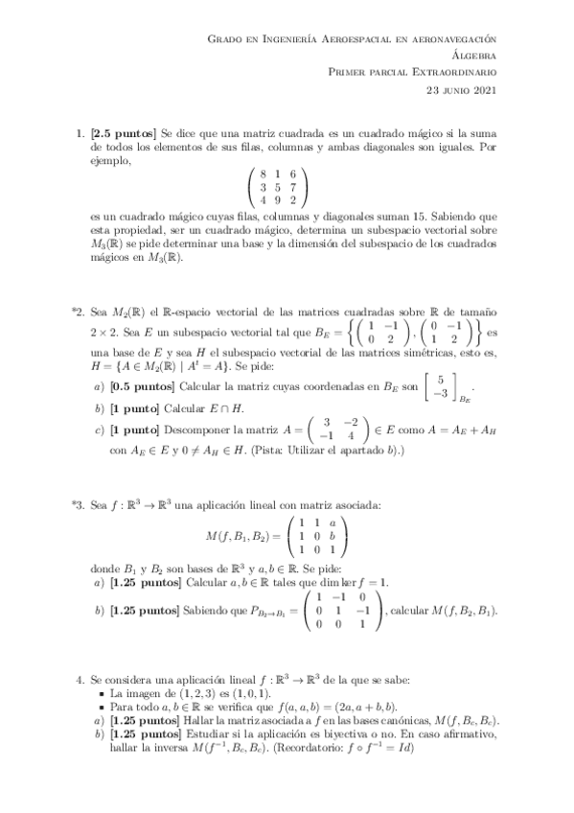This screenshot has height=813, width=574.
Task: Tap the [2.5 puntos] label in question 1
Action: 126,128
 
